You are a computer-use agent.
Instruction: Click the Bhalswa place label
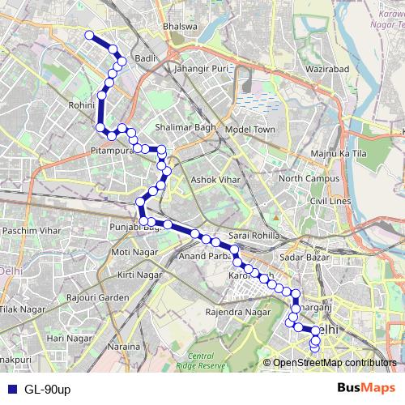tap(179, 26)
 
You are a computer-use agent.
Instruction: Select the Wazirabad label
tap(326, 70)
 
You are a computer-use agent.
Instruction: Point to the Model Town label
tap(250, 130)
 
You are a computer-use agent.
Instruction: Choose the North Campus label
tap(305, 178)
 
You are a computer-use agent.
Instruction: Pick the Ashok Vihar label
tap(213, 180)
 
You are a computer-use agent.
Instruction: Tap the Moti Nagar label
tap(131, 252)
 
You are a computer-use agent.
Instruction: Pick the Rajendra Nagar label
tap(237, 311)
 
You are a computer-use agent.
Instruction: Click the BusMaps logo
tap(366, 388)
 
